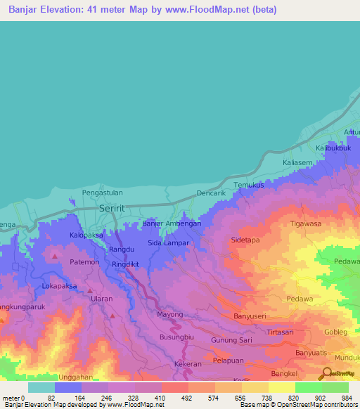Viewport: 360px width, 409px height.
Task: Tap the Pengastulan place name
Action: pyautogui.click(x=103, y=191)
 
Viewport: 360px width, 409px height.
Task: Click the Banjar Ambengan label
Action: pyautogui.click(x=172, y=223)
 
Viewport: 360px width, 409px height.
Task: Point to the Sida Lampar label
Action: pyautogui.click(x=168, y=242)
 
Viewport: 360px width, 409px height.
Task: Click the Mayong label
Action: pyautogui.click(x=169, y=314)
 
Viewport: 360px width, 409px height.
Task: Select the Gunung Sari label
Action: pyautogui.click(x=231, y=340)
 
